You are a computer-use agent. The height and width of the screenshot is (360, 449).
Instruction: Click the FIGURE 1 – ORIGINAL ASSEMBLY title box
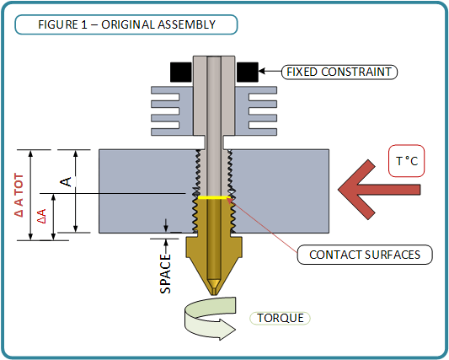tap(126, 24)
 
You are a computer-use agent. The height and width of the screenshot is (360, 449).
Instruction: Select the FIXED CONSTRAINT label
tap(339, 72)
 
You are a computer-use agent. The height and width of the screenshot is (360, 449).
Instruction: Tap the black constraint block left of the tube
tap(181, 72)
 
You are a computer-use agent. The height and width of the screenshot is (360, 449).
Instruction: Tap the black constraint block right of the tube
tap(248, 72)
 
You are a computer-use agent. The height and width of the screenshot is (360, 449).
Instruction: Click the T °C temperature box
tap(406, 161)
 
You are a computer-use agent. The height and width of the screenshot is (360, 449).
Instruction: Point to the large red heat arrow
tap(378, 190)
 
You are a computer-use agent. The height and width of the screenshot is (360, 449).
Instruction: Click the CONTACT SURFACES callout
tap(365, 255)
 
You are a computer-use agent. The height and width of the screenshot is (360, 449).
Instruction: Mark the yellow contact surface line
tap(214, 197)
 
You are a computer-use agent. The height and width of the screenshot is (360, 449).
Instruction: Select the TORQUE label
tap(280, 318)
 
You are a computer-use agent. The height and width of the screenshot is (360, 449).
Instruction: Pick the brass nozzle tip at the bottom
tap(214, 292)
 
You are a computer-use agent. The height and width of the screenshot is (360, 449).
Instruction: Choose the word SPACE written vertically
tap(165, 274)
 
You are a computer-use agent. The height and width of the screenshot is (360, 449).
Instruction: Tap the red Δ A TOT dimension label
tap(19, 195)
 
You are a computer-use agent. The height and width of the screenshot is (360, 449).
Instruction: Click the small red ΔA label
tap(41, 216)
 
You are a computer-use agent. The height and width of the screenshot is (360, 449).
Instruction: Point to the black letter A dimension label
tap(66, 182)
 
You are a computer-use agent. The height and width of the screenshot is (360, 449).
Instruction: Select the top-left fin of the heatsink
tap(165, 90)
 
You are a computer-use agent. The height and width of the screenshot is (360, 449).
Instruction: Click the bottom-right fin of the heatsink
tap(263, 132)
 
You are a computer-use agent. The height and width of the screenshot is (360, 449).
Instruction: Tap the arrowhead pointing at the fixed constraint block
tap(262, 71)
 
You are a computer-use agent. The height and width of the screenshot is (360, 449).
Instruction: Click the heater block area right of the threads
tap(281, 191)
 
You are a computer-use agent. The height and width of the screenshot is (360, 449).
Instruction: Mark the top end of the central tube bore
tap(214, 57)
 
